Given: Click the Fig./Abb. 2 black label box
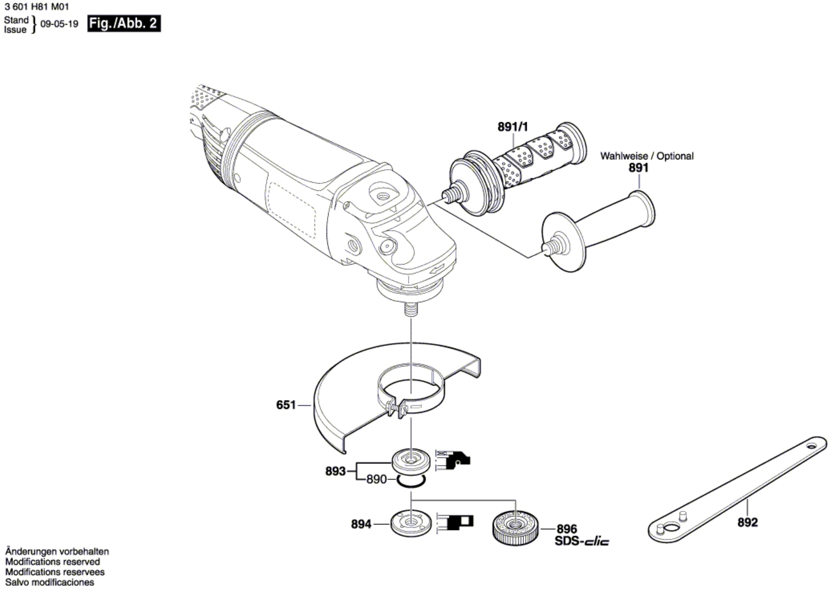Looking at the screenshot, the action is (124, 24).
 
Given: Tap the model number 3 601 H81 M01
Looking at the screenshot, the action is (37, 6).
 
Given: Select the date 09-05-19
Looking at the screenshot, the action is (59, 24).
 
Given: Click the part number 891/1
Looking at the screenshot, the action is (513, 127).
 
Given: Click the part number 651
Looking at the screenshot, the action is (286, 405).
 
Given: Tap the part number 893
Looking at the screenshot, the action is (335, 472).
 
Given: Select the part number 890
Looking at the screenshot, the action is (377, 479).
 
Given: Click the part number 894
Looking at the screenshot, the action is (361, 524).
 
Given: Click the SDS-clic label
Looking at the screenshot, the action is (582, 542).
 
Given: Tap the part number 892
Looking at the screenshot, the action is (748, 522).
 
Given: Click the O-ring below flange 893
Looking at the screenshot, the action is (411, 481).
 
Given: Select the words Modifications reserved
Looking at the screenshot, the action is (53, 562).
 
